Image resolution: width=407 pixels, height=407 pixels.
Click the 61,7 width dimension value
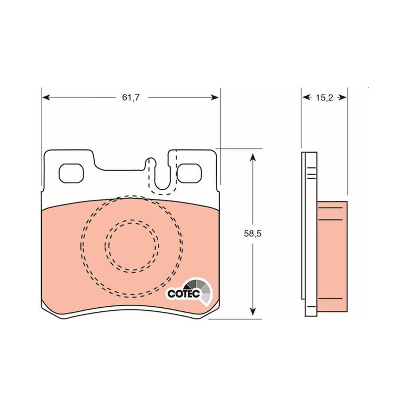[x=131, y=98]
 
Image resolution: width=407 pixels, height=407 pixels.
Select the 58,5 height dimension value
[x=252, y=234]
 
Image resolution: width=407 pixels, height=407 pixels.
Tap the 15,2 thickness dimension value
[x=324, y=98]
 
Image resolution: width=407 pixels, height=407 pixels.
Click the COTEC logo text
[x=184, y=294]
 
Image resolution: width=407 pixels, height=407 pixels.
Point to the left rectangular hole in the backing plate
[x=71, y=173]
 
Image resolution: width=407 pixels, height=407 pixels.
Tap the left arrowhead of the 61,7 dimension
[x=46, y=98]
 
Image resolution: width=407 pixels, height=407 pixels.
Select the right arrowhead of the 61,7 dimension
[x=215, y=98]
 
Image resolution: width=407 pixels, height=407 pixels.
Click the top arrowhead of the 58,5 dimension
[x=252, y=157]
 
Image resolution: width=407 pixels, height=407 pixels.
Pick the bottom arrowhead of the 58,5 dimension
[x=252, y=311]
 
